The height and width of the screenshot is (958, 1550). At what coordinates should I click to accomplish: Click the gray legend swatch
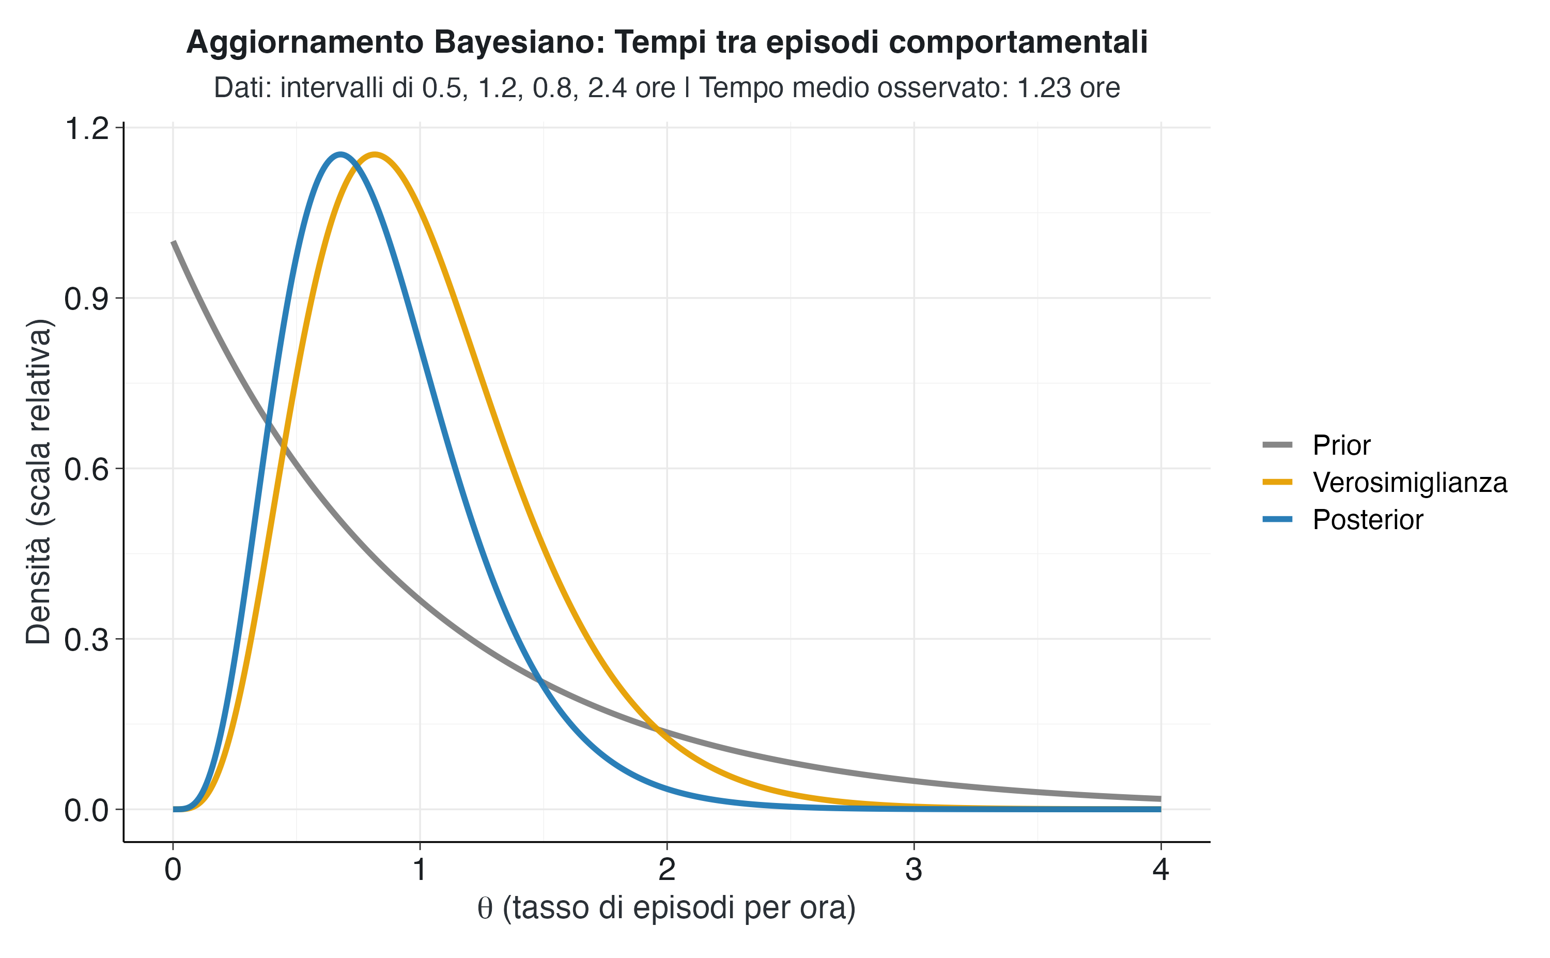(1277, 445)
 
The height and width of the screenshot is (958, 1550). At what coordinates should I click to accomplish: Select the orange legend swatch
(1277, 482)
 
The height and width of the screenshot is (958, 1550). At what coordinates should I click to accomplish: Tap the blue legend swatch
(1277, 519)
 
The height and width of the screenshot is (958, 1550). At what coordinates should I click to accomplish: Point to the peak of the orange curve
(375, 154)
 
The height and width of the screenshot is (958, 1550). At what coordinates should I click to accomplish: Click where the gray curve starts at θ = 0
(174, 242)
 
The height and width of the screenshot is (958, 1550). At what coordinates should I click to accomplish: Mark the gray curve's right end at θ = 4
(1160, 798)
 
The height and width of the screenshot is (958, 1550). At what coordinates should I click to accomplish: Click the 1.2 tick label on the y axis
(86, 129)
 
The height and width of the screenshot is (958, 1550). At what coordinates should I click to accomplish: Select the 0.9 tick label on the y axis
(86, 299)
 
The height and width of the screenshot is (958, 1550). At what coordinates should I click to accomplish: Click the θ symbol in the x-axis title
(485, 908)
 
